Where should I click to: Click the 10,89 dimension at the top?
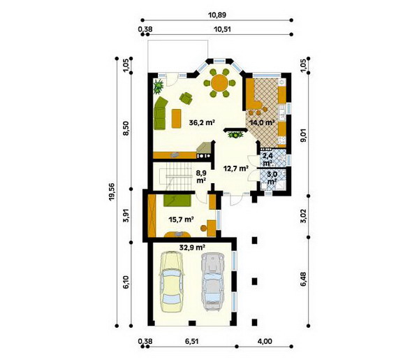(217, 15)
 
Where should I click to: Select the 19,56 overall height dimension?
(112, 192)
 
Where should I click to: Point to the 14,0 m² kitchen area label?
(262, 123)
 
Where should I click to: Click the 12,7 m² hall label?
(236, 168)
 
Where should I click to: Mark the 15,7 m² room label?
(181, 219)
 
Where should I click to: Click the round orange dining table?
(219, 83)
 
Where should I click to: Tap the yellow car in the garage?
(172, 282)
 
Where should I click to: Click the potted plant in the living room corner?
(159, 87)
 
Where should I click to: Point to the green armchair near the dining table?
(186, 98)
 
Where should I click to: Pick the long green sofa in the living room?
(161, 113)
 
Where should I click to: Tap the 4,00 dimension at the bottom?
(265, 341)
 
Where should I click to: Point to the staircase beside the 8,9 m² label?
(175, 177)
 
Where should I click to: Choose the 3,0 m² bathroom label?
(272, 178)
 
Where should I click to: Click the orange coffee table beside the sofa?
(177, 118)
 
